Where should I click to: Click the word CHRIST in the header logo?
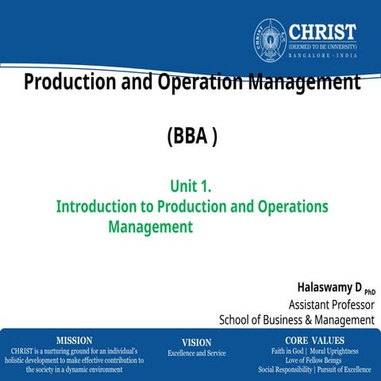322,32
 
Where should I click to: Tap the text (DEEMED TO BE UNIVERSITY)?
322,46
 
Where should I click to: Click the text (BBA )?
191,137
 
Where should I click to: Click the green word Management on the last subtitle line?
151,226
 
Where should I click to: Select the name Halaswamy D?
329,287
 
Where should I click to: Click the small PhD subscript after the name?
369,291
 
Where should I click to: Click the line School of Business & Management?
296,319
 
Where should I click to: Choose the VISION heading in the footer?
196,342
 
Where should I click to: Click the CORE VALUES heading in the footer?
314,340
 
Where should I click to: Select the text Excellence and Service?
196,353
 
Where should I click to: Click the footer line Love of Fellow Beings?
314,360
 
